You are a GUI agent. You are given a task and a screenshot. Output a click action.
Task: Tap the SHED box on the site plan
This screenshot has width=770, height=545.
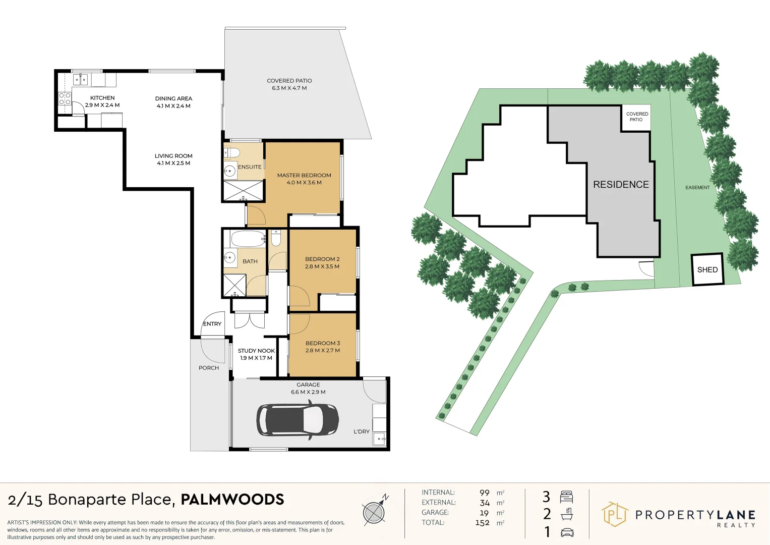coord(707,269)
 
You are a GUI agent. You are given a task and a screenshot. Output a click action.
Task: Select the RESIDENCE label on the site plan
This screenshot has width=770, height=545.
coord(621,184)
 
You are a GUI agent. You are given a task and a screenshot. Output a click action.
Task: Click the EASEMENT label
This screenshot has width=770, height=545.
coord(697,188)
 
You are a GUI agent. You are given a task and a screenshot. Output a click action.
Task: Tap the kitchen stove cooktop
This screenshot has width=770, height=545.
coord(64,98)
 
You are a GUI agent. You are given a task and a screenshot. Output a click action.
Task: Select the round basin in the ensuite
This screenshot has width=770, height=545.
coord(229,170)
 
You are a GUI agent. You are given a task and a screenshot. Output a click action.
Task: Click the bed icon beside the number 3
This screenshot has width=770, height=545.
coord(566,497)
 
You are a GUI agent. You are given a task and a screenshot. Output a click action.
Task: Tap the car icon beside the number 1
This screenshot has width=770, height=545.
coord(567,532)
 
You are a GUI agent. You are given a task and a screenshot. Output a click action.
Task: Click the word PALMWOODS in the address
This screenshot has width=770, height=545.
coord(232,499)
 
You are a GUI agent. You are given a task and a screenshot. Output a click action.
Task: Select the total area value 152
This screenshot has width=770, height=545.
coord(483,523)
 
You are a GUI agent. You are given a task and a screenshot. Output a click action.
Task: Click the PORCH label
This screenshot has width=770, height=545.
coord(209,368)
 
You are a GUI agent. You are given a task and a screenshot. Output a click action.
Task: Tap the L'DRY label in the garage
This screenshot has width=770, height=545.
coord(362,431)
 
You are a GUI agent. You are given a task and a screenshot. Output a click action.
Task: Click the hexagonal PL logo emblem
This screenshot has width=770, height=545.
coord(615,514)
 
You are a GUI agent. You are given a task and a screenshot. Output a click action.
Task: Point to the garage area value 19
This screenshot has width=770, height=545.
coord(484,513)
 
